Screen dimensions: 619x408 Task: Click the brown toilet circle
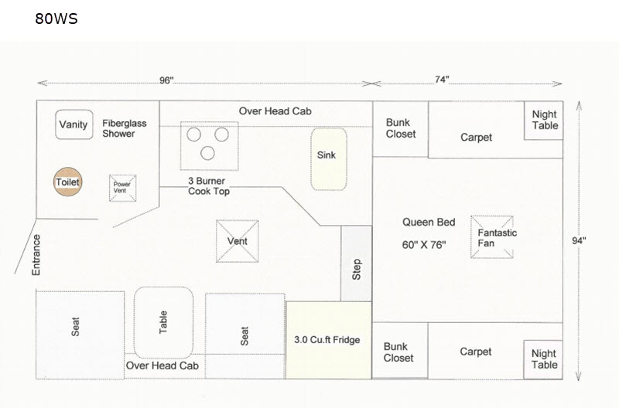click(68, 182)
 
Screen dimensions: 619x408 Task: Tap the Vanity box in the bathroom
click(74, 124)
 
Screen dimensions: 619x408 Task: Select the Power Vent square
click(123, 188)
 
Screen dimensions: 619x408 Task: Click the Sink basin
click(329, 159)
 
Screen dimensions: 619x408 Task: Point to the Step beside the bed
click(357, 263)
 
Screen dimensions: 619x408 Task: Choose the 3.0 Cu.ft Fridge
click(329, 340)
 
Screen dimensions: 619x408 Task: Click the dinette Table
click(163, 322)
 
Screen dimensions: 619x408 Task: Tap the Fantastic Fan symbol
click(492, 237)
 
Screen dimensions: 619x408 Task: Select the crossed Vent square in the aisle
click(238, 241)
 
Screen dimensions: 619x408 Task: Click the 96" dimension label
click(166, 80)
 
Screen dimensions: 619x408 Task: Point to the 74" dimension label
click(442, 80)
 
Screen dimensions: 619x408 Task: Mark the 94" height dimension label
click(579, 240)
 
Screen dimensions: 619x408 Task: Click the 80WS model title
click(56, 19)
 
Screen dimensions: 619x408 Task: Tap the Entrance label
click(36, 255)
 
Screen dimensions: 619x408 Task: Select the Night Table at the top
click(544, 121)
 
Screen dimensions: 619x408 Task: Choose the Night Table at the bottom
click(543, 359)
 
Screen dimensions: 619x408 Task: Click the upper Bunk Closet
click(400, 129)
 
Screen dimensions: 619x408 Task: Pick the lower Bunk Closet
click(399, 351)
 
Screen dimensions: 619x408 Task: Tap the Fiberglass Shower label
click(125, 128)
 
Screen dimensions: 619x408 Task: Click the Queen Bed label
click(429, 222)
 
